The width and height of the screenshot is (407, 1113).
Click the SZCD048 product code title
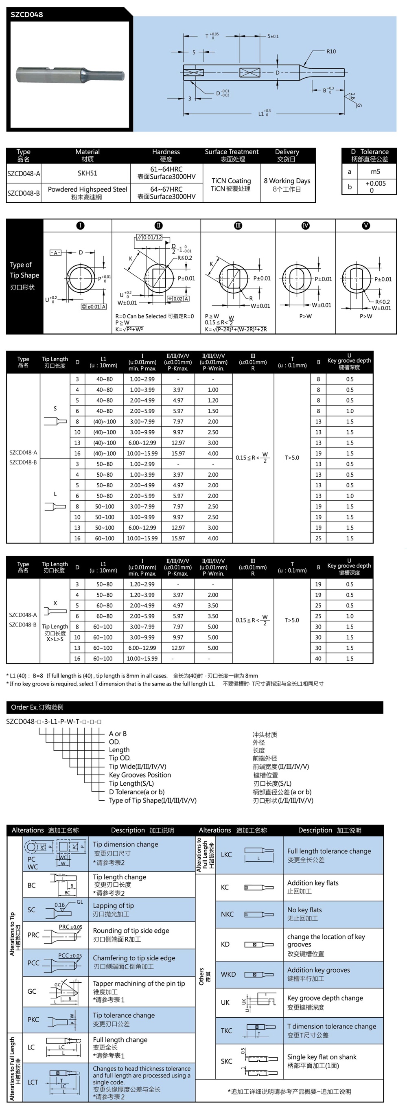[x=27, y=14]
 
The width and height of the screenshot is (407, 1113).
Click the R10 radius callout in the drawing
[x=331, y=51]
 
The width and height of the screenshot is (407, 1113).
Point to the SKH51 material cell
[x=87, y=173]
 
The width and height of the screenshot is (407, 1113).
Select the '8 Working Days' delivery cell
[x=287, y=181]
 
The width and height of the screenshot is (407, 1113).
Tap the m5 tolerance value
[x=375, y=171]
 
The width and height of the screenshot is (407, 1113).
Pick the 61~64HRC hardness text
[x=166, y=169]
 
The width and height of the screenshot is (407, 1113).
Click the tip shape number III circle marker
[x=238, y=225]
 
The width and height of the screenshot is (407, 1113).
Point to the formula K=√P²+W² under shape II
[x=129, y=329]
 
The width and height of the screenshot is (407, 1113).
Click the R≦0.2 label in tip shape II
[x=184, y=258]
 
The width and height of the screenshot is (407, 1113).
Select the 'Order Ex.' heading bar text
[x=37, y=707]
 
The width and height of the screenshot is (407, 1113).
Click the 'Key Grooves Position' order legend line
[x=140, y=775]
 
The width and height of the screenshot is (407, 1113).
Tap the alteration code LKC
[x=226, y=854]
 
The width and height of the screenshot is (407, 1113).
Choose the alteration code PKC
[x=33, y=1019]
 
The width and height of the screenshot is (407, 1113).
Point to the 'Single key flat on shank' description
[x=322, y=1057]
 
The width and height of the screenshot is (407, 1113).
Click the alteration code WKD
[x=228, y=974]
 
